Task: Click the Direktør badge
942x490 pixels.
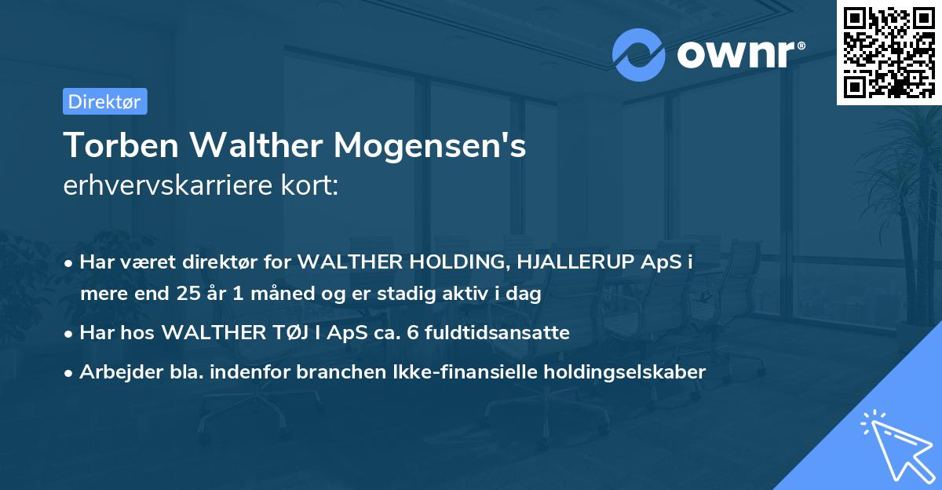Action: pyautogui.click(x=104, y=101)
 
